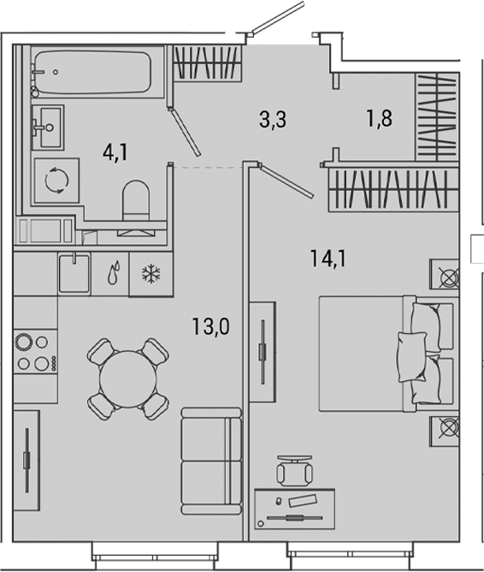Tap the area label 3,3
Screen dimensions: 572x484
coord(272,120)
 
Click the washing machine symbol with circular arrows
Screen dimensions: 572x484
coord(56,180)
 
